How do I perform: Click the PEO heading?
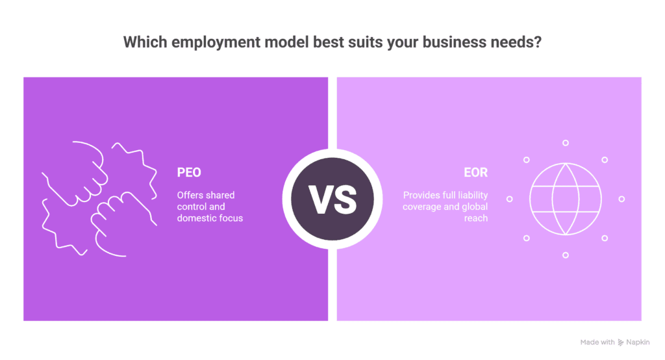coord(190,173)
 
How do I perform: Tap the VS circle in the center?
coord(332,199)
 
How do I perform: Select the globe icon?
coord(565,199)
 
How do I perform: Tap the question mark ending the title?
coord(537,43)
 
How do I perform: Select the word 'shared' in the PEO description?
coord(220,195)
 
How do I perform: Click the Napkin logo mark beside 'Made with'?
coord(621,342)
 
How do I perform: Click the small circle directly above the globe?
coord(566,142)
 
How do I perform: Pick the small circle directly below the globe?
coord(566,255)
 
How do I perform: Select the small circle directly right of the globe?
coord(621,199)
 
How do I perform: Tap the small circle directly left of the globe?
coord(509,199)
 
